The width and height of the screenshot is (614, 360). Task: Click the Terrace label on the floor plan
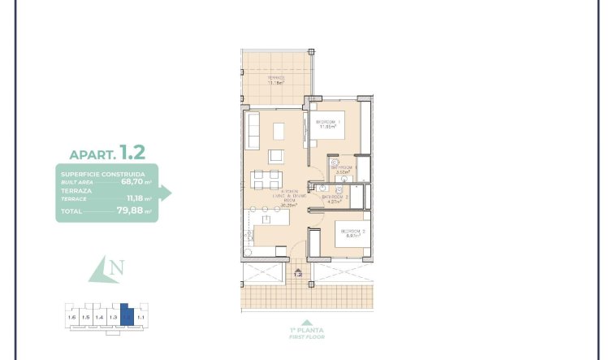[x=276, y=80]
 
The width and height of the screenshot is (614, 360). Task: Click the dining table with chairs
[x=265, y=180]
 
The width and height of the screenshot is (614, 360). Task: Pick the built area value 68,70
[x=132, y=182]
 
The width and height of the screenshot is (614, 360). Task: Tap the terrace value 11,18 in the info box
[x=134, y=197]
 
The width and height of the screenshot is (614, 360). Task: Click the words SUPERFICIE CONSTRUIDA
[x=103, y=174]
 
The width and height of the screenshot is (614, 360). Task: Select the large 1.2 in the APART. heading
[x=132, y=152]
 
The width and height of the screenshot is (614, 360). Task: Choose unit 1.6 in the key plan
[x=72, y=317]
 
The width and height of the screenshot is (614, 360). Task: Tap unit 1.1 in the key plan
[x=141, y=317]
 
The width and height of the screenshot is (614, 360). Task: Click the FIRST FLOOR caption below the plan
[x=306, y=336]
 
